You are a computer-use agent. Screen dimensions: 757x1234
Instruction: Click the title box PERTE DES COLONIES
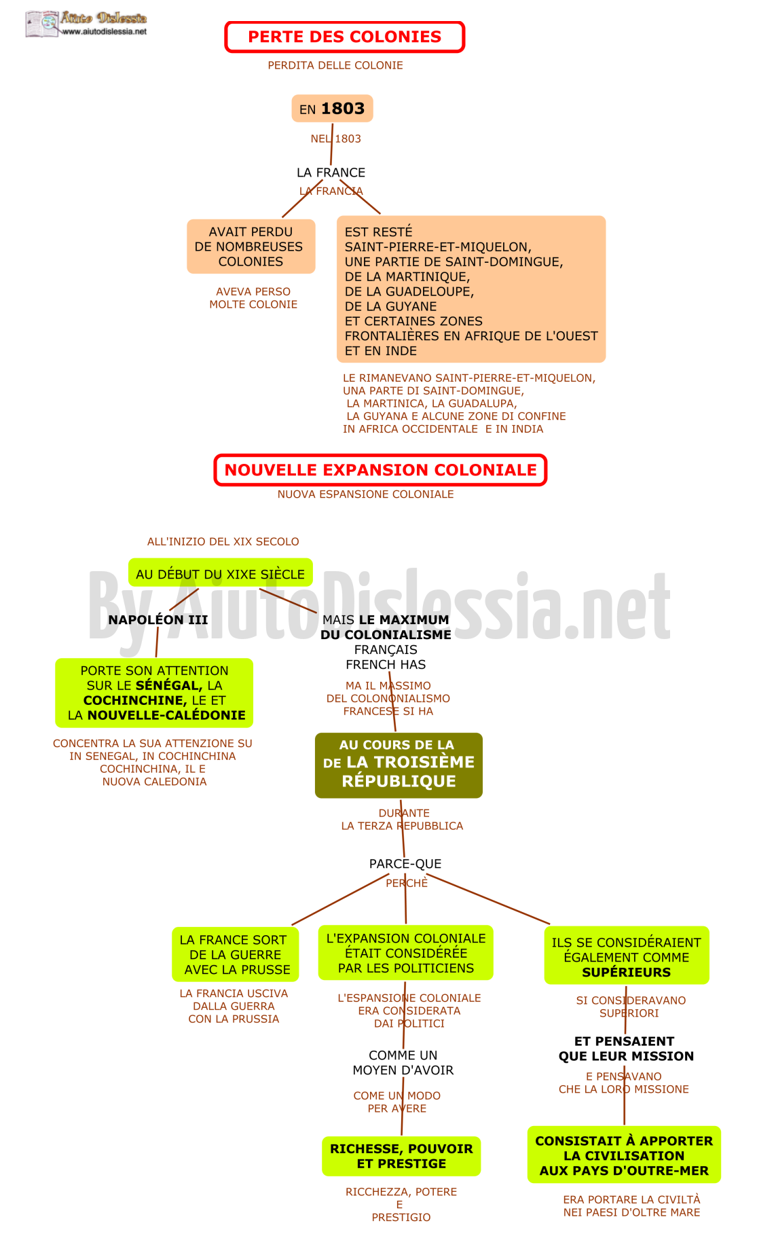[344, 37]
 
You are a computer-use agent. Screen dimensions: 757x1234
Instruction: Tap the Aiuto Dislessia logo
[86, 24]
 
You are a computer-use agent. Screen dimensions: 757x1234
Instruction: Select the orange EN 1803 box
[332, 109]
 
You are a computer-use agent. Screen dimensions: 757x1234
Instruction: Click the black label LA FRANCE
[331, 173]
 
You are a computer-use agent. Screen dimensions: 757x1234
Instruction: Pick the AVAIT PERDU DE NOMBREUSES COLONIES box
[251, 247]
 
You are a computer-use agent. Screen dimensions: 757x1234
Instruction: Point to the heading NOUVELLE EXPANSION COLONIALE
[380, 470]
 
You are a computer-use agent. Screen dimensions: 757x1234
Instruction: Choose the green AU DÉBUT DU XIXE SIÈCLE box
[221, 573]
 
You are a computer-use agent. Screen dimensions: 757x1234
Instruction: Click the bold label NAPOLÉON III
[158, 619]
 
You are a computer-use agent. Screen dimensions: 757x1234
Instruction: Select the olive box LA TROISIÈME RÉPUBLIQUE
[399, 765]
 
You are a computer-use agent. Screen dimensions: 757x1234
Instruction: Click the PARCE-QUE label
[405, 864]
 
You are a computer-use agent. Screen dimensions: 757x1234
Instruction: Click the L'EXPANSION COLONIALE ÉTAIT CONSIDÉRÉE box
[406, 953]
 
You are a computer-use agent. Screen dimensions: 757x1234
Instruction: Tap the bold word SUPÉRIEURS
[626, 973]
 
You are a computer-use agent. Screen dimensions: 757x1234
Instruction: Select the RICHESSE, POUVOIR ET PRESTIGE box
[401, 1156]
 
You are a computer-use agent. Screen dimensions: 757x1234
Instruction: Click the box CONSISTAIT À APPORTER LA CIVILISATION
[624, 1155]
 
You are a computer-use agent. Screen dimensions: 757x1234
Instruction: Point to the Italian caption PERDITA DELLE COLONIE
[335, 65]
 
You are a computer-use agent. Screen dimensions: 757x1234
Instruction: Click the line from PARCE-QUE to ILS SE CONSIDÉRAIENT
[488, 899]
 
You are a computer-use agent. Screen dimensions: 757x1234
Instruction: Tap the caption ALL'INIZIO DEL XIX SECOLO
[223, 541]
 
